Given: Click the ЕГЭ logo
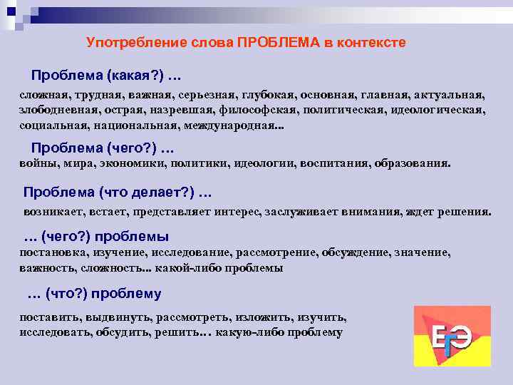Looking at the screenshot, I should click(x=452, y=336).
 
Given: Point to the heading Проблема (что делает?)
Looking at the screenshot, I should click(x=118, y=192).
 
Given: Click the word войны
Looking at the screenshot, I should click(x=35, y=163).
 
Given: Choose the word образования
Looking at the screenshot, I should click(x=413, y=163).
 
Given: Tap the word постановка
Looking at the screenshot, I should click(x=51, y=252).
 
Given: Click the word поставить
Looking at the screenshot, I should click(x=48, y=317).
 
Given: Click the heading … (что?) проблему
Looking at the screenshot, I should click(x=93, y=294).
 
